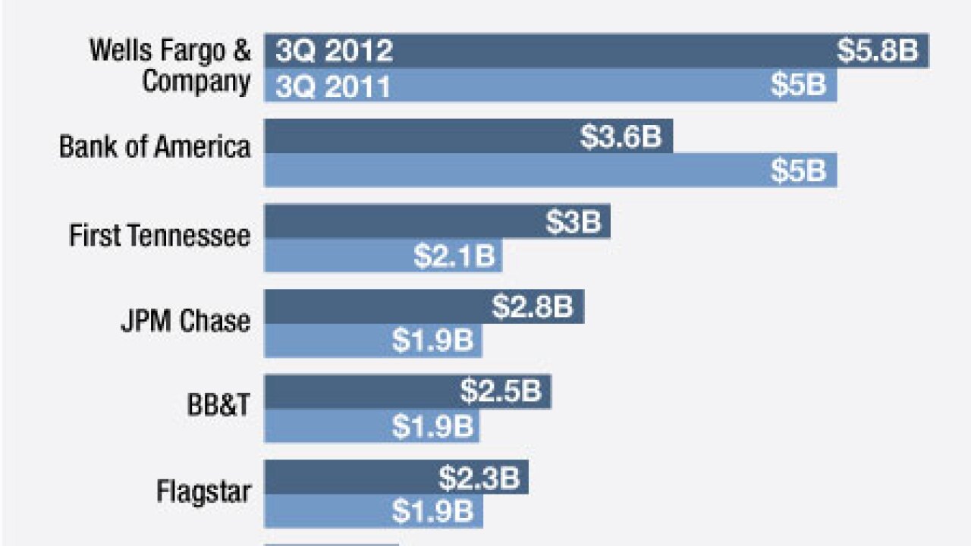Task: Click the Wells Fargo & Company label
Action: [x=170, y=66]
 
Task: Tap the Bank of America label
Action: [x=155, y=146]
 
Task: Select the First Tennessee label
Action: [x=159, y=235]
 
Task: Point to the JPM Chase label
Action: [x=185, y=321]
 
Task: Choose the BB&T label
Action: [x=218, y=406]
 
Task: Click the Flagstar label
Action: [x=203, y=491]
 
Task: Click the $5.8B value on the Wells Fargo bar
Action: [x=878, y=51]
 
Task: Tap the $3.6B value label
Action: [x=621, y=136]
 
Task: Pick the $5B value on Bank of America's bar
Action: [x=798, y=171]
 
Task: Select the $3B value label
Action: [x=573, y=222]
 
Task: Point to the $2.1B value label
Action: [x=454, y=256]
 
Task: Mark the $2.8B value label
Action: [x=532, y=307]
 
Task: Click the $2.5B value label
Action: [x=500, y=392]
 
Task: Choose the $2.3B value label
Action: [x=478, y=479]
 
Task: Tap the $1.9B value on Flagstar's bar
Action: [x=432, y=512]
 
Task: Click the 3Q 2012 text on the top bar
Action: [x=335, y=51]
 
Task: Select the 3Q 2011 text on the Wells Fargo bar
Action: [x=334, y=86]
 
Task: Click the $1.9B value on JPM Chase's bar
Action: [x=432, y=341]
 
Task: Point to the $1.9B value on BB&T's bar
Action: [x=432, y=426]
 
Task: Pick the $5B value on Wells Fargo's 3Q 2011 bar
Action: [x=798, y=85]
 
